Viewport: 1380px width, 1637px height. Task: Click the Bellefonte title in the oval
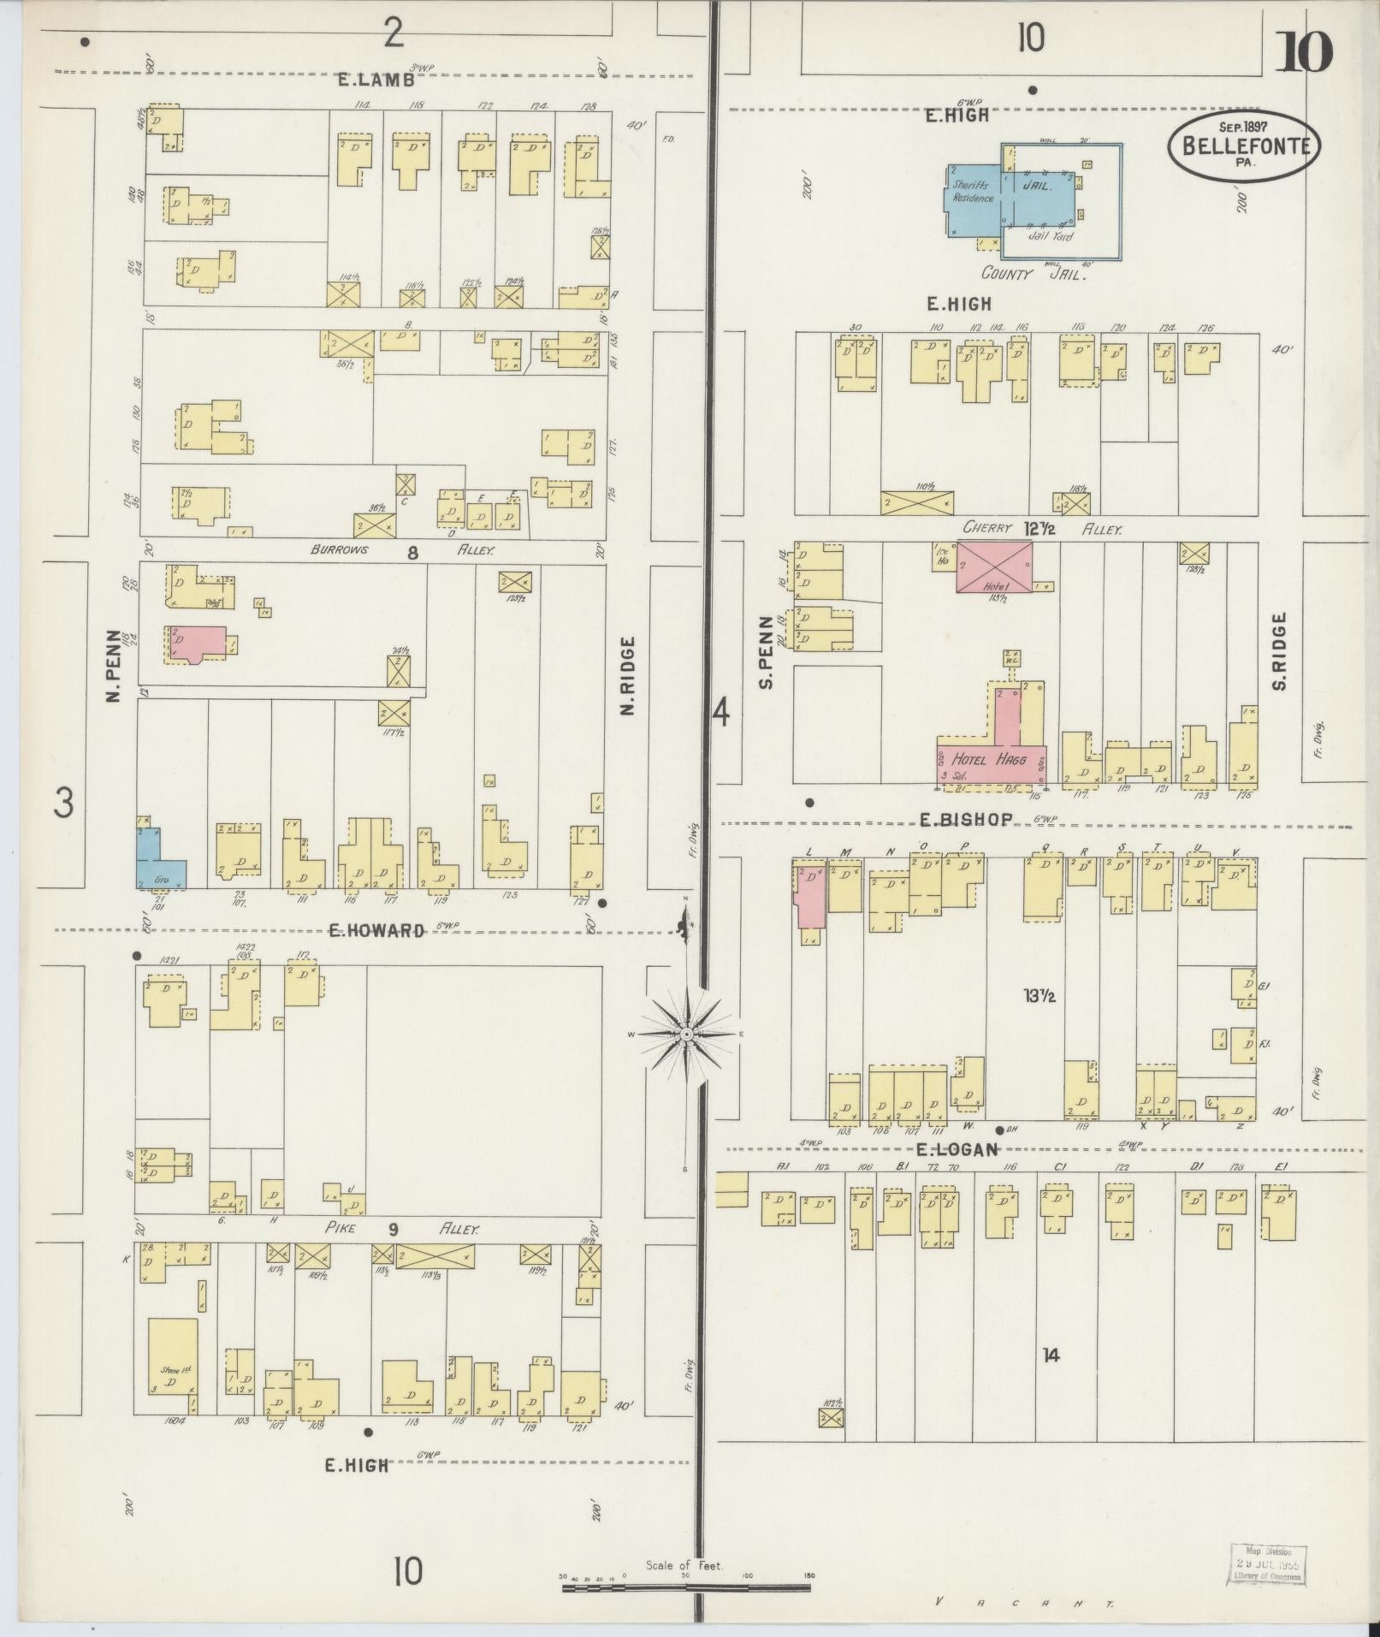click(x=1245, y=145)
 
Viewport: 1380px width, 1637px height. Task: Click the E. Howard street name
click(x=376, y=930)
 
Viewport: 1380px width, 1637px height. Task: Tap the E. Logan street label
click(x=957, y=1149)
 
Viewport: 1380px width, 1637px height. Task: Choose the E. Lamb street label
click(x=376, y=80)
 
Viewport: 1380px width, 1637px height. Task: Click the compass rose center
click(x=686, y=1035)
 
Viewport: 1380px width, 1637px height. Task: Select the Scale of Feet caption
click(x=684, y=1565)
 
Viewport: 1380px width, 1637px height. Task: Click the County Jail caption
click(x=1034, y=274)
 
